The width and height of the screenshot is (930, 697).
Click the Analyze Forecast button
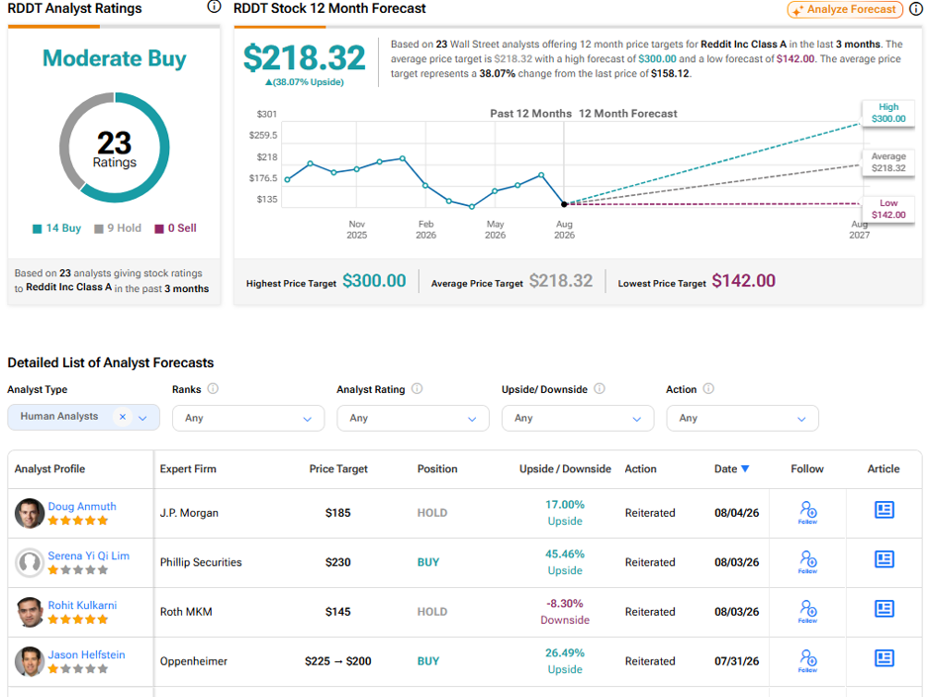(x=845, y=10)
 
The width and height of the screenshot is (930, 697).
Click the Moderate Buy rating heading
(x=115, y=58)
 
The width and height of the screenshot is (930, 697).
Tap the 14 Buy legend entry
(x=57, y=228)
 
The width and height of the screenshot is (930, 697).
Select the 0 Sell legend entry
(x=175, y=228)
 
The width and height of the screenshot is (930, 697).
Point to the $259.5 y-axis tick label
(x=263, y=136)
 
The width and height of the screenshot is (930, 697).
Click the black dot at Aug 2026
(x=564, y=204)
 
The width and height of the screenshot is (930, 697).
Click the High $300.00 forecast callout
(x=888, y=113)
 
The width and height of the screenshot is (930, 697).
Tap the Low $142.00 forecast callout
(x=888, y=209)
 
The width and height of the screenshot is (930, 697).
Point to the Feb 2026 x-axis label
(x=425, y=229)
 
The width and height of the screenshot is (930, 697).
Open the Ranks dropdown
(x=248, y=418)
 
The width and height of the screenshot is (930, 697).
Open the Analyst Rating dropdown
(x=413, y=418)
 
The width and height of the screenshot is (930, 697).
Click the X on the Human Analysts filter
(x=123, y=417)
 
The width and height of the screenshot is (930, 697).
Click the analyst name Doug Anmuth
(x=82, y=507)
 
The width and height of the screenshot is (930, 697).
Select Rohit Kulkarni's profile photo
(x=30, y=612)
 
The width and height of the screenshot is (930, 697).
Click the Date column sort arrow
(x=746, y=469)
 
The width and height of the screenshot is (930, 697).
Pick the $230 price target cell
(x=338, y=562)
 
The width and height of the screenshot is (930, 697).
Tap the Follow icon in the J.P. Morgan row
(x=808, y=513)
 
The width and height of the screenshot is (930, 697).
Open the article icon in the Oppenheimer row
(x=883, y=658)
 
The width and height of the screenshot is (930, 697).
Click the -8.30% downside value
(x=565, y=603)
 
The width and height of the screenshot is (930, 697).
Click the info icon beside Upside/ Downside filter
(x=600, y=389)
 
